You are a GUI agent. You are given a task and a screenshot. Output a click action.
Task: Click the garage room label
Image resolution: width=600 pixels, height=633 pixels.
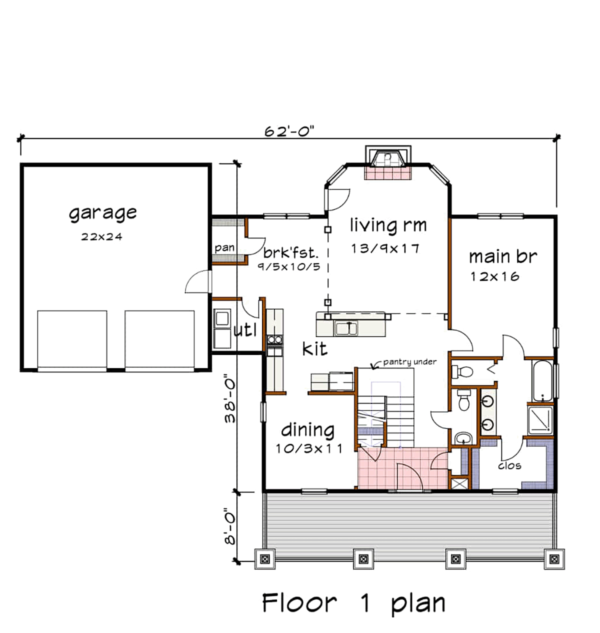click(x=102, y=213)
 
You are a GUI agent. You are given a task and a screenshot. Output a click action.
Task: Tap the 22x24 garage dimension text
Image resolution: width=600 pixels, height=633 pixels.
click(x=101, y=237)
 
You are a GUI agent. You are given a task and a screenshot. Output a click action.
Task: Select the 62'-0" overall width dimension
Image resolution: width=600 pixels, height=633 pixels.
click(x=289, y=131)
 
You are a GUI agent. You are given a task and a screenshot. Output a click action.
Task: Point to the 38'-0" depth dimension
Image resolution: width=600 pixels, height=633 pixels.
click(x=230, y=398)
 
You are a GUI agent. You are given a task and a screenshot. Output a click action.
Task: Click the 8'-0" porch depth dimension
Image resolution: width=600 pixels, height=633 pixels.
click(x=230, y=526)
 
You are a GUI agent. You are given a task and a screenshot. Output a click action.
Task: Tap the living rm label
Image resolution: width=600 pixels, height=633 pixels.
click(x=388, y=225)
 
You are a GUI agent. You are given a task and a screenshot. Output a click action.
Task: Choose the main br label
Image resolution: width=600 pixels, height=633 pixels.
click(x=502, y=256)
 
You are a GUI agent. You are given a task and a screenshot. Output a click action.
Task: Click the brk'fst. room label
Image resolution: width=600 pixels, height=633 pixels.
click(x=291, y=252)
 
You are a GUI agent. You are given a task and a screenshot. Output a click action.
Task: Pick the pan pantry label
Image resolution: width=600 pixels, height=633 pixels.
click(x=224, y=248)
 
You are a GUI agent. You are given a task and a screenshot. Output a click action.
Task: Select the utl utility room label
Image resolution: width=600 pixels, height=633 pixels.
click(x=245, y=329)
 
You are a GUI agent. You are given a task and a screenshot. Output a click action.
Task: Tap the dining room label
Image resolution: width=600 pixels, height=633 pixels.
click(x=307, y=430)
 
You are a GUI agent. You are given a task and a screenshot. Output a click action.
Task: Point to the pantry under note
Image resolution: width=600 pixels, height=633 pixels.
click(x=409, y=362)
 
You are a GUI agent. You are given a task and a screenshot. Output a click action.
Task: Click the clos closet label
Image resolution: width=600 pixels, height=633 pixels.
click(x=509, y=465)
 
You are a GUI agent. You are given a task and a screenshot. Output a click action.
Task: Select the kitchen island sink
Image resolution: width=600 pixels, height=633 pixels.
click(x=346, y=328)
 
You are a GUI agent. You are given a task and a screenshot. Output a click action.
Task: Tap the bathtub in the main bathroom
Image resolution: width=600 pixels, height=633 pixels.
click(x=543, y=381)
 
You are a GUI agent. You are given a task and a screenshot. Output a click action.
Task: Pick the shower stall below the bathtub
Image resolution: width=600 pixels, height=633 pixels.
click(x=540, y=419)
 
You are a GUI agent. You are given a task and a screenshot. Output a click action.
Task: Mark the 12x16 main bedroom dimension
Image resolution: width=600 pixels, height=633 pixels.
click(x=495, y=276)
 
